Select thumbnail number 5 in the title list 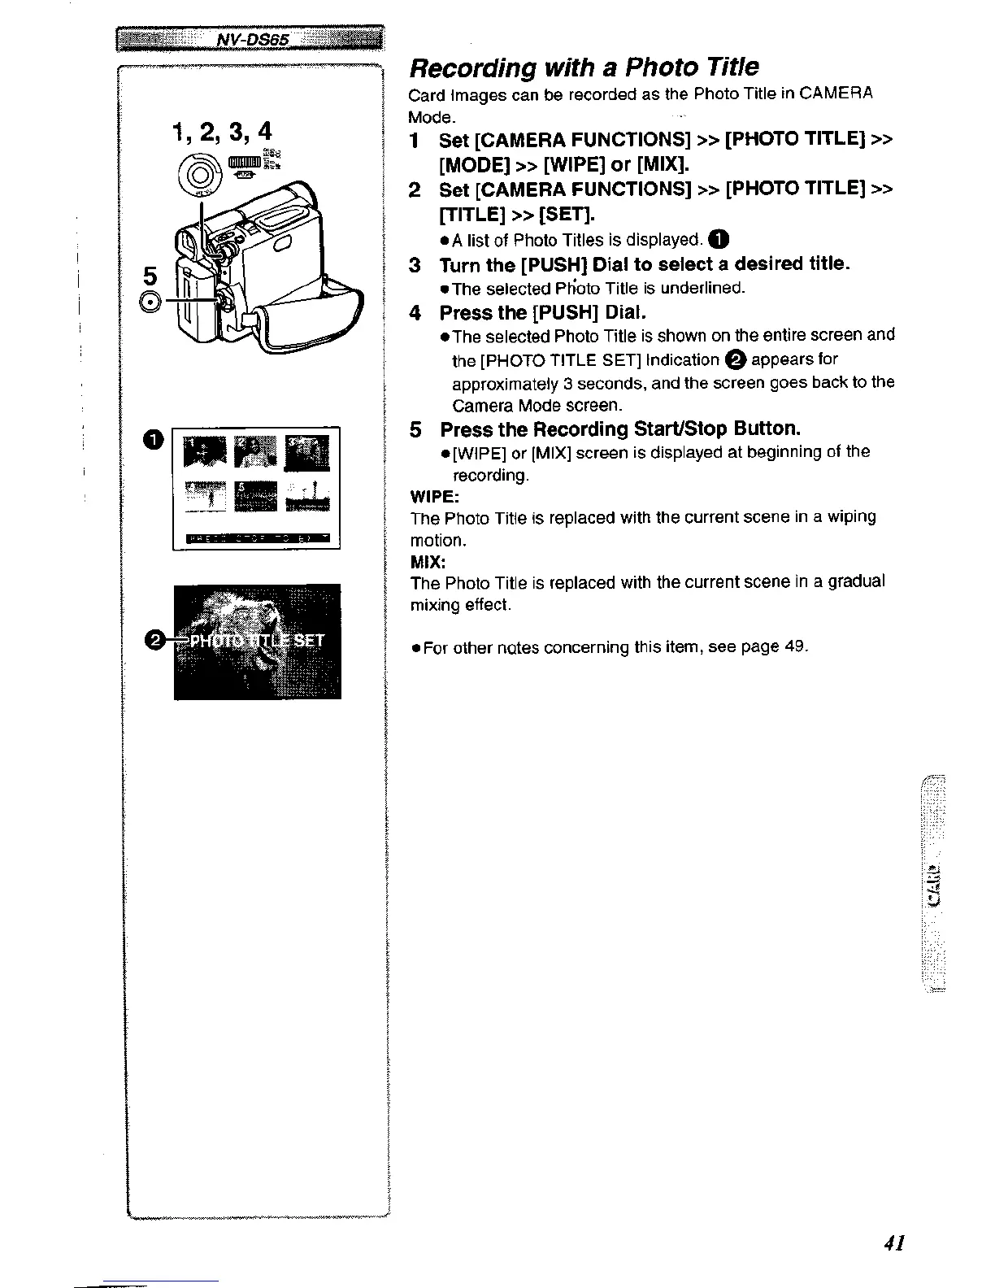click(255, 496)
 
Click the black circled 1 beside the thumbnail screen click(154, 440)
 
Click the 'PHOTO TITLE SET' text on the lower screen click(255, 641)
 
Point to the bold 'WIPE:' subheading click(435, 495)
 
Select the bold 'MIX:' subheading click(428, 561)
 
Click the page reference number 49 click(794, 646)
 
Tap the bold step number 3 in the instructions click(415, 265)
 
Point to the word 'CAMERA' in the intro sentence click(836, 94)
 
